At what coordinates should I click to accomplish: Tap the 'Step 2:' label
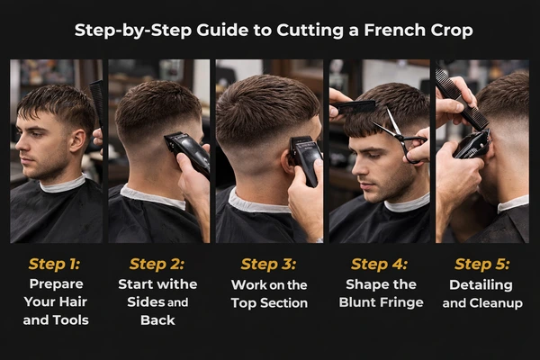[x=158, y=265]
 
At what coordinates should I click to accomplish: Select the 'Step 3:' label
[x=269, y=265]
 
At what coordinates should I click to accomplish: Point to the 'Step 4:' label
[x=379, y=265]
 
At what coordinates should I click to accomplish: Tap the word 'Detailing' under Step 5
[x=481, y=283]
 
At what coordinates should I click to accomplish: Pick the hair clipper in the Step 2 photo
[x=186, y=150]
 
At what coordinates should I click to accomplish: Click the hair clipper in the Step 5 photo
[x=472, y=144]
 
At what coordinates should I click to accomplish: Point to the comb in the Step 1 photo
[x=95, y=103]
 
